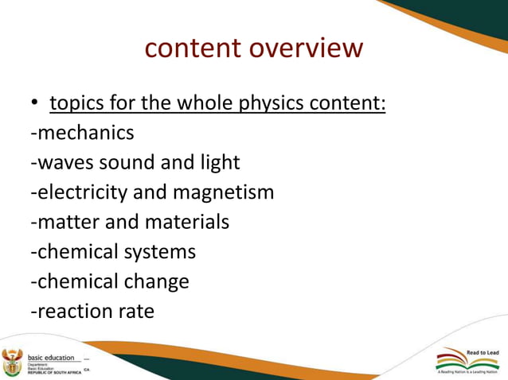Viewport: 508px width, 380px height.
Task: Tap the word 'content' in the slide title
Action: click(193, 48)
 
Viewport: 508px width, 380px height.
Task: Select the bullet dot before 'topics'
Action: click(36, 106)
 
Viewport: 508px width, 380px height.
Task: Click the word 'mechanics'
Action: click(84, 132)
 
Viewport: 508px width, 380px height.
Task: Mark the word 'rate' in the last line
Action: click(136, 312)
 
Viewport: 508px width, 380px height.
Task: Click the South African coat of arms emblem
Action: click(13, 362)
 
